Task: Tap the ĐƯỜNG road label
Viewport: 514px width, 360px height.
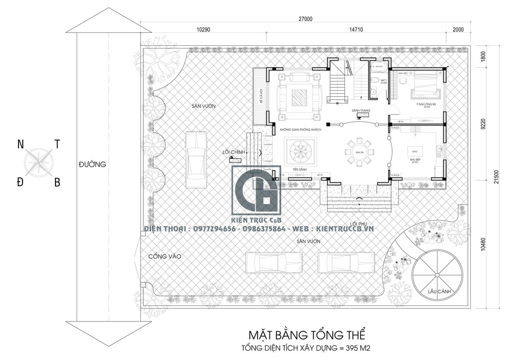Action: click(93, 165)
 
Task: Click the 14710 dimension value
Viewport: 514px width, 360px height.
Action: click(356, 30)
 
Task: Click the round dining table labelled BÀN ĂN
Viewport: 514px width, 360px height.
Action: click(358, 152)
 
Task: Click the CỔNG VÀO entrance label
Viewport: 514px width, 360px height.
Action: click(164, 256)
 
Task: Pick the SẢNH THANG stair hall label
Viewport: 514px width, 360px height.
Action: click(361, 111)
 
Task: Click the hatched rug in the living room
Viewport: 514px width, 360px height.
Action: click(299, 96)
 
